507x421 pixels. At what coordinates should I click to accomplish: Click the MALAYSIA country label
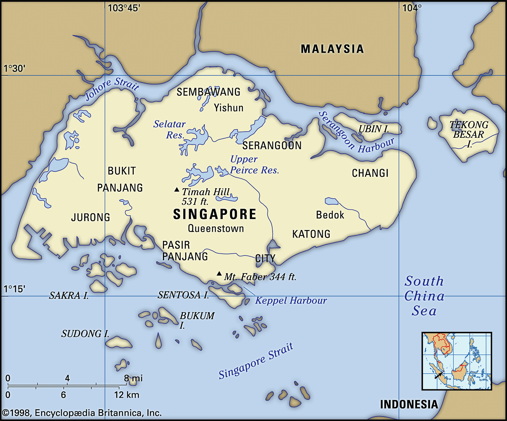(x=332, y=49)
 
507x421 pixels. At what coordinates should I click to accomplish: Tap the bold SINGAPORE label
(x=214, y=214)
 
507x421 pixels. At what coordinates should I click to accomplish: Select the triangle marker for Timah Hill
(x=177, y=190)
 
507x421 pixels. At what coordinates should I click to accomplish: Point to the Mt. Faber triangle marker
(x=219, y=274)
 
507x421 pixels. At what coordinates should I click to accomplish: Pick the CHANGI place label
(x=370, y=173)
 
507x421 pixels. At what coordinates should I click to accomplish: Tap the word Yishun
(x=228, y=108)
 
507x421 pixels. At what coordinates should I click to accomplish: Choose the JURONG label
(x=91, y=217)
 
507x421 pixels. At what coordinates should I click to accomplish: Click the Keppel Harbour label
(x=291, y=300)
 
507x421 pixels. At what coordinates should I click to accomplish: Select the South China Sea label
(x=424, y=296)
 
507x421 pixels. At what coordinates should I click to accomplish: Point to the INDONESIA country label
(x=409, y=404)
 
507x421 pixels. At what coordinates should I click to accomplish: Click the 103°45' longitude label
(x=124, y=8)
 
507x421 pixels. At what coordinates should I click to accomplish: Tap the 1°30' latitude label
(x=15, y=68)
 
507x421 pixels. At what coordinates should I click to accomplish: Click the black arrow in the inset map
(x=438, y=375)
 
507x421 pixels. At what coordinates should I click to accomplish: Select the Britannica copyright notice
(x=82, y=413)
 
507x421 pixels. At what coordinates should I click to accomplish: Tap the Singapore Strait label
(x=256, y=361)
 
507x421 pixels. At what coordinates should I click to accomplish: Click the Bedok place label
(x=330, y=215)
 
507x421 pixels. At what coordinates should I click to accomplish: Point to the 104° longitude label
(x=412, y=8)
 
